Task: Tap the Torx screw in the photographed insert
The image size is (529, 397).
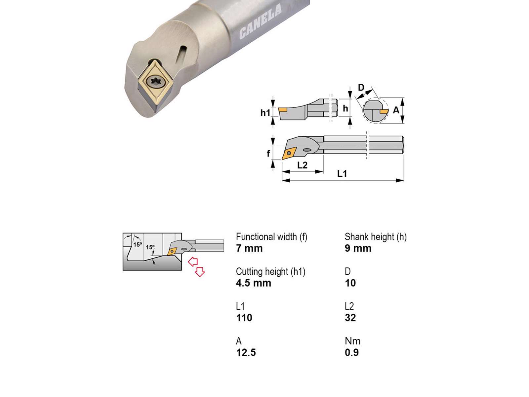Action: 155,82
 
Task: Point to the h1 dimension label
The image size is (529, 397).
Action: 265,112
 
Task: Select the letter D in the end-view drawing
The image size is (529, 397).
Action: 361,87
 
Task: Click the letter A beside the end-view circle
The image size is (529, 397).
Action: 396,110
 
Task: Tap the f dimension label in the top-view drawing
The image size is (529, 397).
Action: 268,153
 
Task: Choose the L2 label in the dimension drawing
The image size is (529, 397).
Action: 302,165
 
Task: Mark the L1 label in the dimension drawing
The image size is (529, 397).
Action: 342,174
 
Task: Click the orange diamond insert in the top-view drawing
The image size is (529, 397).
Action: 289,153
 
